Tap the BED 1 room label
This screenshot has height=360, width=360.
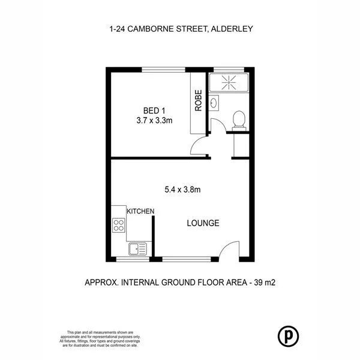pos(154,110)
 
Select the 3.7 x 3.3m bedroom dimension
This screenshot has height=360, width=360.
pos(154,120)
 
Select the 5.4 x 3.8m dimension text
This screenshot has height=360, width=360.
pos(182,190)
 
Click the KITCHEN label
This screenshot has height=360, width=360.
pos(141,211)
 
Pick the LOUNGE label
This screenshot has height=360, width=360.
pos(203,223)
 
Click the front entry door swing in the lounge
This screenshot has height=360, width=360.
pos(228,250)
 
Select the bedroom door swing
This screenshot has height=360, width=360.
pos(197,146)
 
